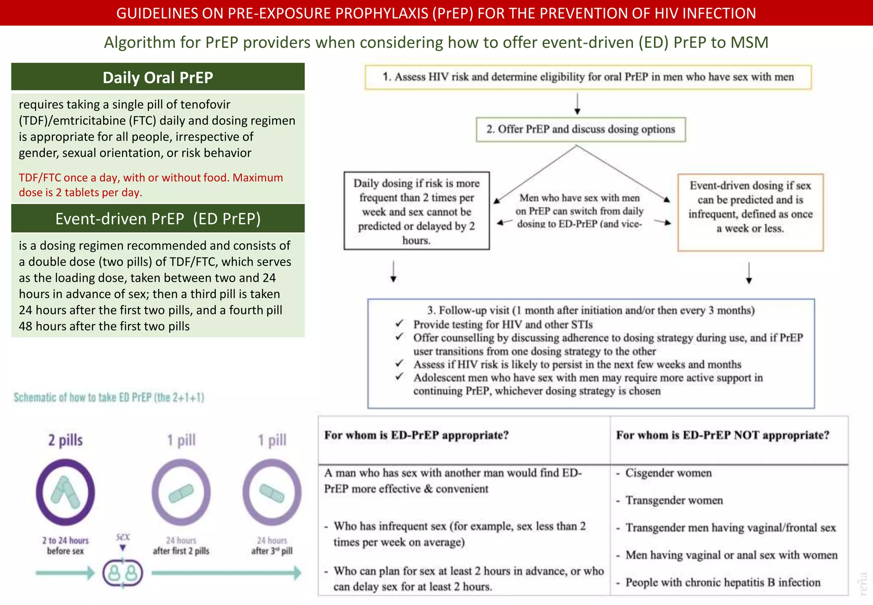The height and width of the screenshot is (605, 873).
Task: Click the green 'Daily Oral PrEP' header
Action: point(158,77)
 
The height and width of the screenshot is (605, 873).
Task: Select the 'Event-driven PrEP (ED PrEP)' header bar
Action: point(158,218)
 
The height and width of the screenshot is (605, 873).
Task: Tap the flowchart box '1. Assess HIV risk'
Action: point(588,77)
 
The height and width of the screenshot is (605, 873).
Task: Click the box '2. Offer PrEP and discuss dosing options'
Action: point(581,129)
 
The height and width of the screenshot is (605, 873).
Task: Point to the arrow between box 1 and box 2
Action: point(577,104)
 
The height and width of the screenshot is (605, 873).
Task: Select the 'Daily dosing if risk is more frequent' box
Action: point(416,211)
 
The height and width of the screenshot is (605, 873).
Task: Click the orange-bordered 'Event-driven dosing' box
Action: point(750,212)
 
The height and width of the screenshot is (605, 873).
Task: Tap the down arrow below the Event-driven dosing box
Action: point(749,273)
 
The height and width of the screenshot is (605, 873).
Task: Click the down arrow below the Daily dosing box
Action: point(393,272)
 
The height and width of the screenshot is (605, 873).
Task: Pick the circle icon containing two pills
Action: point(65,492)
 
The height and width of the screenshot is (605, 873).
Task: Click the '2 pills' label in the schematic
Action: point(65,440)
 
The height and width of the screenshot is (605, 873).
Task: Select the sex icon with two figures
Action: point(123,573)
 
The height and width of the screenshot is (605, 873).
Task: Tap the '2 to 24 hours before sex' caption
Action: point(65,545)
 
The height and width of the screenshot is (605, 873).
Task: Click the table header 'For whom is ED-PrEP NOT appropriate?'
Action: point(723,435)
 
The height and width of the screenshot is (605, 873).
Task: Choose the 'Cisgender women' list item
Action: point(668,473)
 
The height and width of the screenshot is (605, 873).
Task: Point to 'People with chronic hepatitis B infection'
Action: point(723,582)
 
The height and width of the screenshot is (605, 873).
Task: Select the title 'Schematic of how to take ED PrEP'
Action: point(109,398)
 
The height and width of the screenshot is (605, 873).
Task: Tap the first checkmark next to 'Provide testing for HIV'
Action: point(399,324)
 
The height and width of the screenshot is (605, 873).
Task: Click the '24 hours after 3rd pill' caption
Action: point(272,545)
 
